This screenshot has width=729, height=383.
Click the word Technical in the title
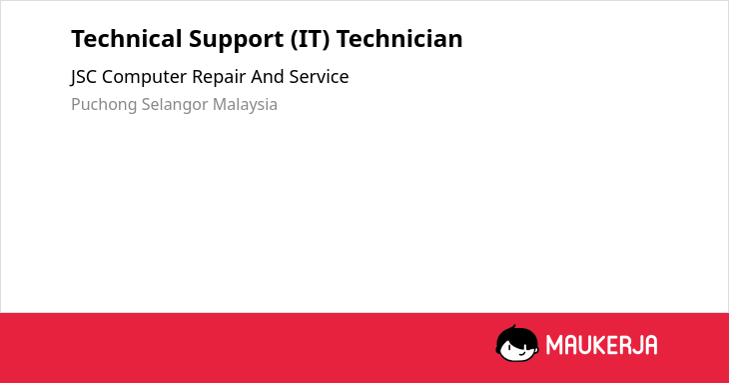(x=127, y=39)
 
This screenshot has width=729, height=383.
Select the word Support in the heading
(x=237, y=40)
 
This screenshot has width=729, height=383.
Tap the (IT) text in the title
(x=311, y=39)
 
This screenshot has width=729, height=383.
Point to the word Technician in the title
(x=399, y=39)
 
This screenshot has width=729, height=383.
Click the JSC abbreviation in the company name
(x=84, y=77)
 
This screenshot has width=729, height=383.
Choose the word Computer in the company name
(x=144, y=77)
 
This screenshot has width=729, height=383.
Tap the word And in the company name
(x=268, y=77)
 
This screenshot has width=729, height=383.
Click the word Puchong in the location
(x=104, y=105)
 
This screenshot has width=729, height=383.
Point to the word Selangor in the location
(x=175, y=105)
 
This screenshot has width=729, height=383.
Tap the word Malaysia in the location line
(x=245, y=105)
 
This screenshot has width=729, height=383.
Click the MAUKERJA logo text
(x=601, y=345)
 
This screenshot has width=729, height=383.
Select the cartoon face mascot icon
(x=517, y=344)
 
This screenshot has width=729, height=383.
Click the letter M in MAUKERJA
(x=554, y=345)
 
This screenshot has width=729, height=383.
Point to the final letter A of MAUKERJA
(x=650, y=345)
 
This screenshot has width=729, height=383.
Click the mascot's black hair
(x=515, y=334)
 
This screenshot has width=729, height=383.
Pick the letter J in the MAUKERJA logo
(x=635, y=345)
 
